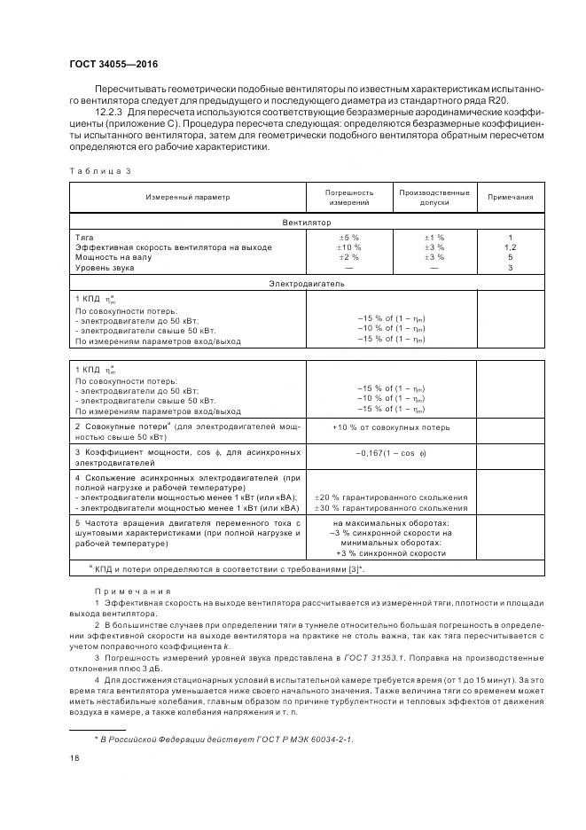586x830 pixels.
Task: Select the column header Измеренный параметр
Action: pos(188,197)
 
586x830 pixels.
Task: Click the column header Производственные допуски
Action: pos(434,197)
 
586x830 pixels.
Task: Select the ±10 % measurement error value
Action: pos(348,247)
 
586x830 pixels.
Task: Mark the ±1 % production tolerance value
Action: pos(434,238)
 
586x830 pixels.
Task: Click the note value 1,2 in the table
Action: pos(511,247)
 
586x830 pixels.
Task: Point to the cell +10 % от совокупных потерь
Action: pos(391,427)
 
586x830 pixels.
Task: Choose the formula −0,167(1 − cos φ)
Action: pos(391,452)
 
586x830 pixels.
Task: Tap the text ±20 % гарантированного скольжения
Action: pos(391,497)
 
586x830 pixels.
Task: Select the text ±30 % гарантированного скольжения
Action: pos(391,508)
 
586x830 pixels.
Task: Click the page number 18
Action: pos(74,759)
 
